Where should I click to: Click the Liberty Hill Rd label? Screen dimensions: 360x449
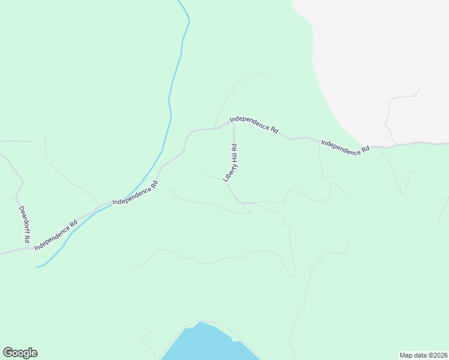coord(231,163)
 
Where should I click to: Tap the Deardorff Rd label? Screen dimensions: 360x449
coord(24,224)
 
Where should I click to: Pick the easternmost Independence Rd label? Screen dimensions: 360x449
coord(345,148)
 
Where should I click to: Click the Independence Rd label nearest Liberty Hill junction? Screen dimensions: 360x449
coord(255,124)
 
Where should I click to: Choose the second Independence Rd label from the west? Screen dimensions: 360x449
coord(135,193)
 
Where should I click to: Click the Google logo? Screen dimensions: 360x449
coord(20,353)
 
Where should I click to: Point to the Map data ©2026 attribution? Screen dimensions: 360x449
coord(423,355)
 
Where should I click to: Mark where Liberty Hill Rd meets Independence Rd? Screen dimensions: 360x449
coord(233,122)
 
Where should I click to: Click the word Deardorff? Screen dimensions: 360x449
coord(23,220)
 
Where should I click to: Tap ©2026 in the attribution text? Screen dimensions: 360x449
coord(436,355)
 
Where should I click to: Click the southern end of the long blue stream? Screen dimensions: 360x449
coord(38,266)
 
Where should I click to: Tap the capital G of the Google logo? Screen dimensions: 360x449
coord(7,353)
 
